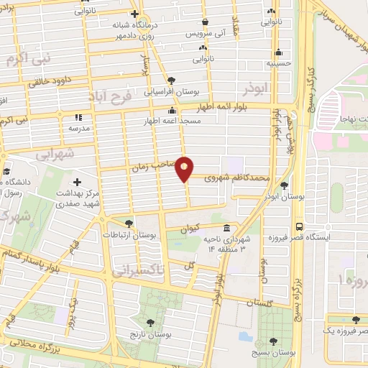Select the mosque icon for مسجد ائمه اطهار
172,111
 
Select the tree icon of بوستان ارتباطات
129,224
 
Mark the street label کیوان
188,229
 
